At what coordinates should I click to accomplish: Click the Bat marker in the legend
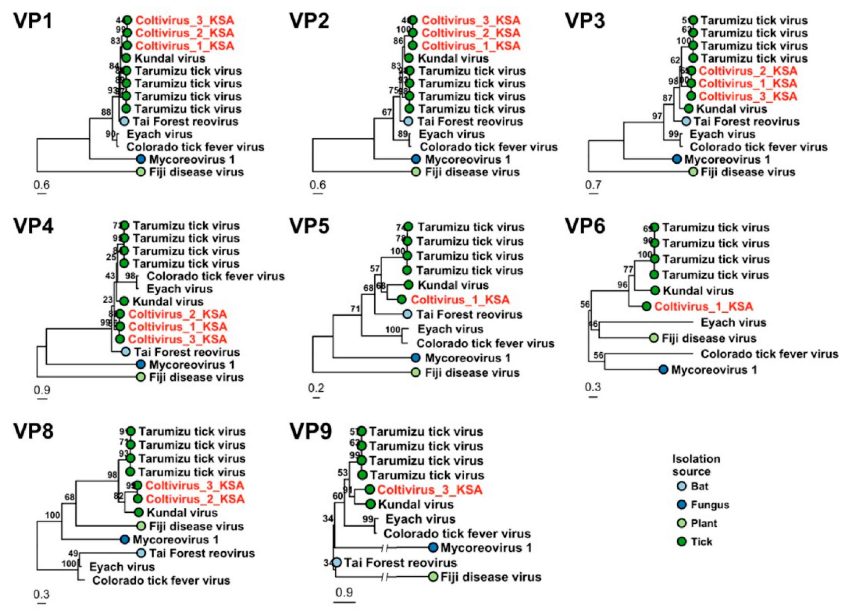pyautogui.click(x=681, y=486)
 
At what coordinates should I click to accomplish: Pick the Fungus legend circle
pyautogui.click(x=681, y=505)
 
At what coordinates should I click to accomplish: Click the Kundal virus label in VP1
pyautogui.click(x=170, y=58)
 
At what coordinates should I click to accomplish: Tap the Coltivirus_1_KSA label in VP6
pyautogui.click(x=704, y=306)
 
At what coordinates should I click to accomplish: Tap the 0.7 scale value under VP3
pyautogui.click(x=593, y=185)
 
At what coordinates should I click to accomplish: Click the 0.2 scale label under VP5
pyautogui.click(x=316, y=388)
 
